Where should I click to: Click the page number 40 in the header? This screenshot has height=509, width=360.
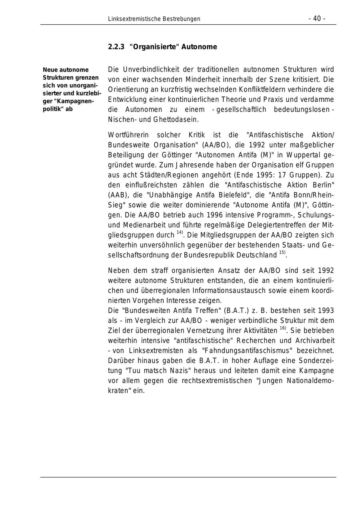click(x=317, y=19)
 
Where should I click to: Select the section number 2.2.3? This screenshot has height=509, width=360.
click(x=116, y=47)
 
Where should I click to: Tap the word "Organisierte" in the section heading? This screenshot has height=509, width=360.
click(x=154, y=47)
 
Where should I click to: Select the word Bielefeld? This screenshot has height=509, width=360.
click(x=248, y=195)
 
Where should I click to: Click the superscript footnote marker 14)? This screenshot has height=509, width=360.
click(x=180, y=232)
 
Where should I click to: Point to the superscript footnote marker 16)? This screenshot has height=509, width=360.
click(x=283, y=328)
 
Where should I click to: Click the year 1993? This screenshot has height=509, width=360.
click(x=326, y=311)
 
